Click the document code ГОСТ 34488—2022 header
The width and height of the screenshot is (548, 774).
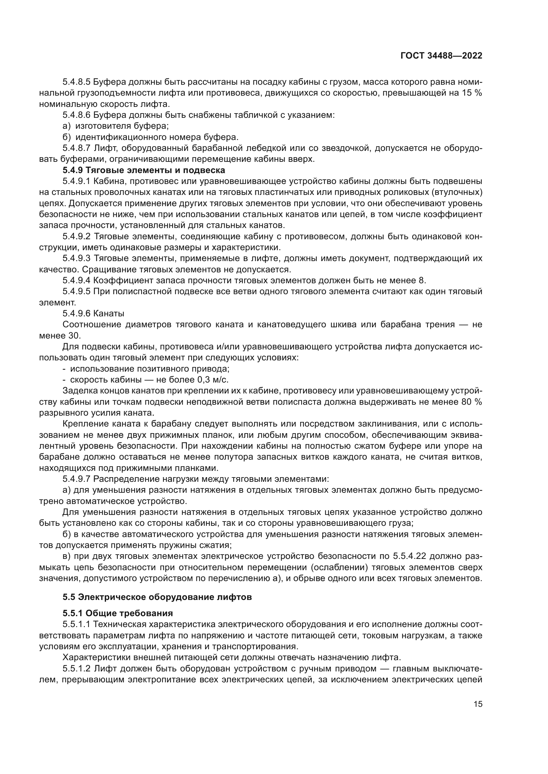(441, 56)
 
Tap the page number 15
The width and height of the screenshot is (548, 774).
(478, 704)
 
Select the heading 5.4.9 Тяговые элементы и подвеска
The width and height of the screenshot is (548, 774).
(144, 170)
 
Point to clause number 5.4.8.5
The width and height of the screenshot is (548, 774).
(77, 82)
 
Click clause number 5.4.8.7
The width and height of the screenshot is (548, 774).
(77, 148)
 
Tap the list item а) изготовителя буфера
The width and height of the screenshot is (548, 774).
(116, 126)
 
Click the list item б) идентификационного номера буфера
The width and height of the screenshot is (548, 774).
(150, 137)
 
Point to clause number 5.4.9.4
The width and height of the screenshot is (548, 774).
(77, 280)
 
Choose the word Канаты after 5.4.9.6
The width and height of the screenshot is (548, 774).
(109, 313)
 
